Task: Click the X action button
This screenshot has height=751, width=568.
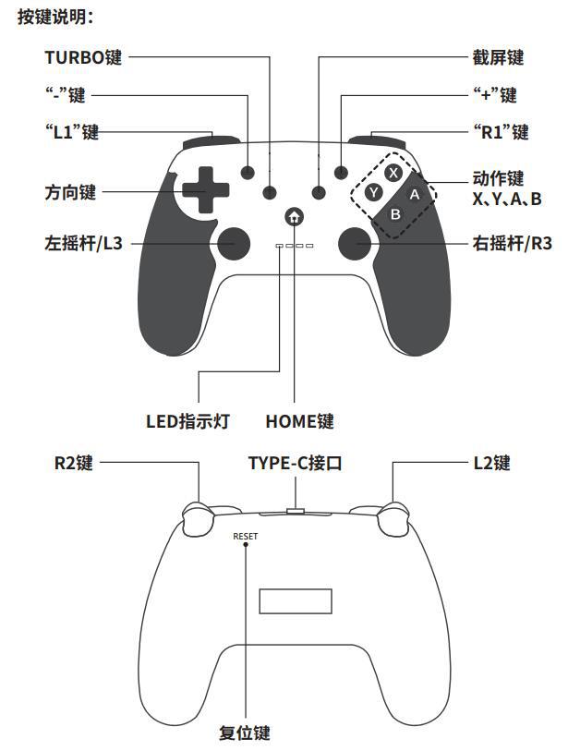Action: (x=393, y=173)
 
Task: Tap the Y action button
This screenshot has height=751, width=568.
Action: (x=372, y=192)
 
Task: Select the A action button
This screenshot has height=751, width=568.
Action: (x=415, y=194)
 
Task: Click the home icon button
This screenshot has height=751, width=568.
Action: (x=294, y=217)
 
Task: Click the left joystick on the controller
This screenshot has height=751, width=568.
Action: (x=231, y=244)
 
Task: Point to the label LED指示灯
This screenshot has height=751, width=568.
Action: (x=187, y=421)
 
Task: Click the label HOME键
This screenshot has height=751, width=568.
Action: (x=299, y=421)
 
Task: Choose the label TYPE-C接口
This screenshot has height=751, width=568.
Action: (x=295, y=463)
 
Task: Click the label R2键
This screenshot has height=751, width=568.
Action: (x=73, y=463)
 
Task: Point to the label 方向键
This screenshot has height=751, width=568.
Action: (x=70, y=193)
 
